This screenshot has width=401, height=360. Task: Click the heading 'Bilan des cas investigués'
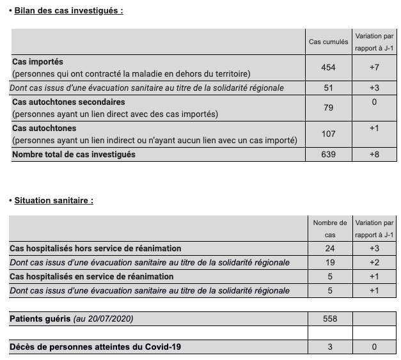[68, 10]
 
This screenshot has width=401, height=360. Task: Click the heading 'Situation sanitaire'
[54, 200]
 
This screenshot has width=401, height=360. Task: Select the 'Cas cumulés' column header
[329, 42]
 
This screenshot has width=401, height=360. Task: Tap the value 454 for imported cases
[329, 67]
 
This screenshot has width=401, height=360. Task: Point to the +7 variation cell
[374, 67]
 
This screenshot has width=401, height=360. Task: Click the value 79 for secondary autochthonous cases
[329, 107]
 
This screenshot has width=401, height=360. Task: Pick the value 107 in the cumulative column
[329, 134]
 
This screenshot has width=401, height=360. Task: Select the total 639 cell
[329, 154]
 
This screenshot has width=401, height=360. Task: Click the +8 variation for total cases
[374, 154]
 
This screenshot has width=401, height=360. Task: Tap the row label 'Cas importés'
[38, 62]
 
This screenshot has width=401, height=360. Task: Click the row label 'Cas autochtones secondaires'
[68, 102]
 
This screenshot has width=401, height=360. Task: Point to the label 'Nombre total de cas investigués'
[74, 154]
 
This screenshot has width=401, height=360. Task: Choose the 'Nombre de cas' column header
[330, 229]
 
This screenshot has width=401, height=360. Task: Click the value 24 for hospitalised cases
[330, 248]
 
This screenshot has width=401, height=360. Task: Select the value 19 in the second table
[330, 262]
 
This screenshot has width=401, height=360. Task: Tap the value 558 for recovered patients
[330, 318]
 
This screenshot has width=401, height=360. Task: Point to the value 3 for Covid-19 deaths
[330, 347]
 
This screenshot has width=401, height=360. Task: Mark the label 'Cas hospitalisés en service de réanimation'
[91, 276]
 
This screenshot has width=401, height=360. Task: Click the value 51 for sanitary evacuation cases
[329, 88]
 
